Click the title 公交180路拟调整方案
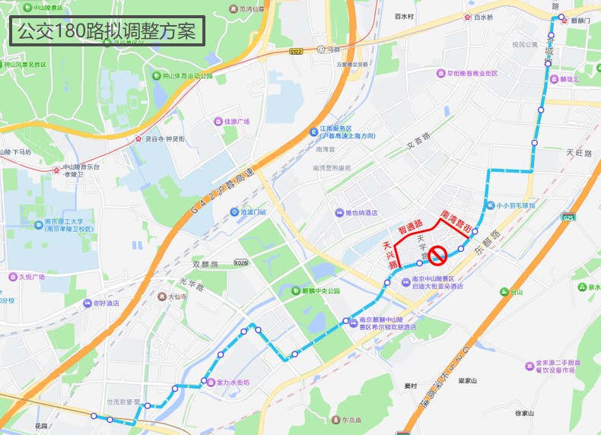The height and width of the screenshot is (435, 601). tap(107, 32)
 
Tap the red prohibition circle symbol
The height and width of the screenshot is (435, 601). tap(438, 255)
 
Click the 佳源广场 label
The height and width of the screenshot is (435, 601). tap(237, 121)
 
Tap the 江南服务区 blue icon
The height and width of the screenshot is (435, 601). tap(313, 132)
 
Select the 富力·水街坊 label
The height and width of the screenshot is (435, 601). tap(228, 382)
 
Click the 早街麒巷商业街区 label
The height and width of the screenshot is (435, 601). tap(471, 74)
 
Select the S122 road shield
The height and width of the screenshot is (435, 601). tap(296, 51)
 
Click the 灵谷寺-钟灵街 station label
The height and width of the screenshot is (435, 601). tap(165, 139)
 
